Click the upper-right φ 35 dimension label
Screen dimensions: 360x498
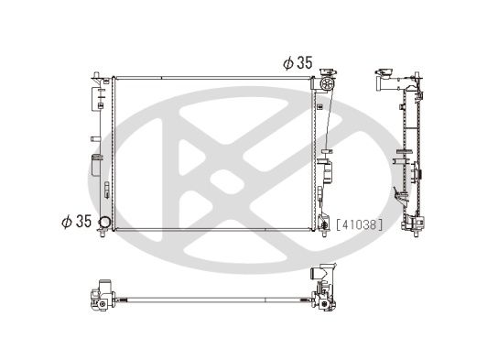tap(298, 62)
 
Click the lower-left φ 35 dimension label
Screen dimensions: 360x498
tap(76, 221)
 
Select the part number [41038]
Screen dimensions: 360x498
tap(359, 223)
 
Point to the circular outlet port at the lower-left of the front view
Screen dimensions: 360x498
tap(106, 224)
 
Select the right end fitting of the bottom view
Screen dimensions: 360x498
tap(323, 286)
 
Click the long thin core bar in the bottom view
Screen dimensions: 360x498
tap(211, 298)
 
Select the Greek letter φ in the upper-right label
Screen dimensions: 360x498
tap(287, 62)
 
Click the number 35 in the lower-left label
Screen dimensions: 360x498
tap(81, 221)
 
